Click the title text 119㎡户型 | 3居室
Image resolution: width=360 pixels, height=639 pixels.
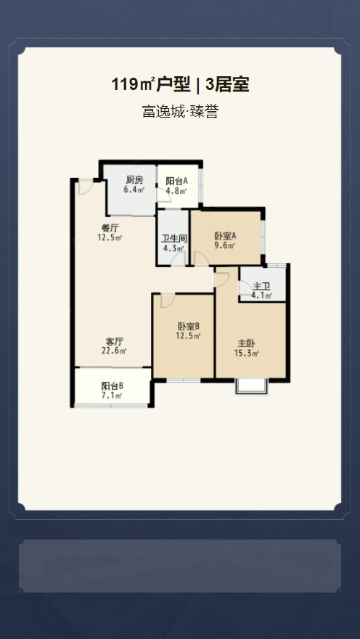click(x=180, y=85)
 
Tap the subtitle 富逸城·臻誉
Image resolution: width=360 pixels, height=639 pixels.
click(x=180, y=112)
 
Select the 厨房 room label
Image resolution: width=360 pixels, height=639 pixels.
click(x=134, y=180)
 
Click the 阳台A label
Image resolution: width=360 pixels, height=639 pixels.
click(x=176, y=182)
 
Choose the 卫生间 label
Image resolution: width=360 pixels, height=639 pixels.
click(x=174, y=238)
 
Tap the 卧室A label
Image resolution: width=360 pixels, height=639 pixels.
click(x=226, y=236)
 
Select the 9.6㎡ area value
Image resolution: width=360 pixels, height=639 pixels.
click(x=226, y=245)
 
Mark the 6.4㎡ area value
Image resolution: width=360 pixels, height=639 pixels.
click(x=134, y=190)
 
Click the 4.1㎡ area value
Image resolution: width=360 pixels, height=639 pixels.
click(x=261, y=296)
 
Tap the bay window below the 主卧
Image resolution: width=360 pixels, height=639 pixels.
click(x=251, y=386)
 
